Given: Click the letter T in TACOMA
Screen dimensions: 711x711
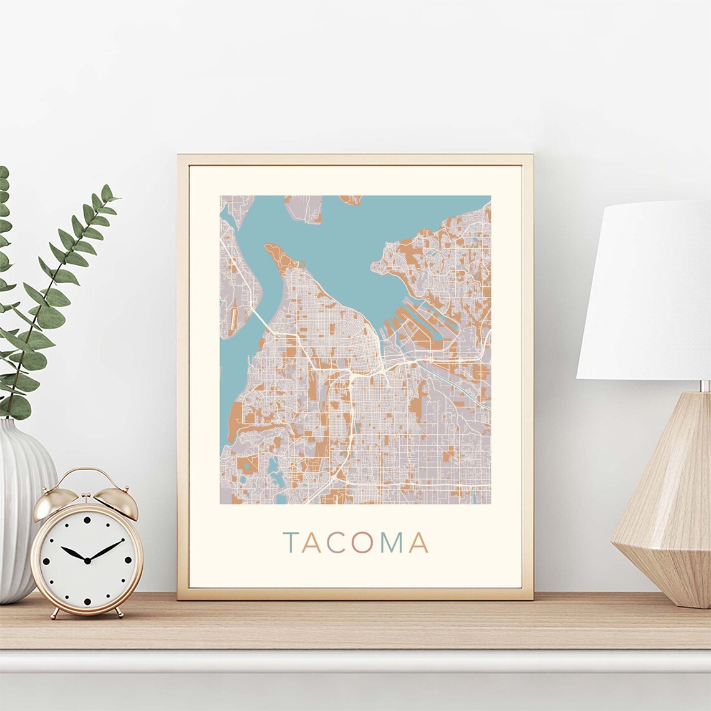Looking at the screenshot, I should click(291, 543).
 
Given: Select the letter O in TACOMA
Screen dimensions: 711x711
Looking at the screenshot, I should click(362, 543).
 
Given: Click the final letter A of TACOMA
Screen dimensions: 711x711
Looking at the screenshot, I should click(418, 543).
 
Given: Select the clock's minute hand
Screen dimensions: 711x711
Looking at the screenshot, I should click(105, 550).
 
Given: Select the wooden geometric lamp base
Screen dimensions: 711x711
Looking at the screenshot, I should click(667, 499).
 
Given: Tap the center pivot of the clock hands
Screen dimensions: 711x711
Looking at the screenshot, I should click(87, 561).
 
